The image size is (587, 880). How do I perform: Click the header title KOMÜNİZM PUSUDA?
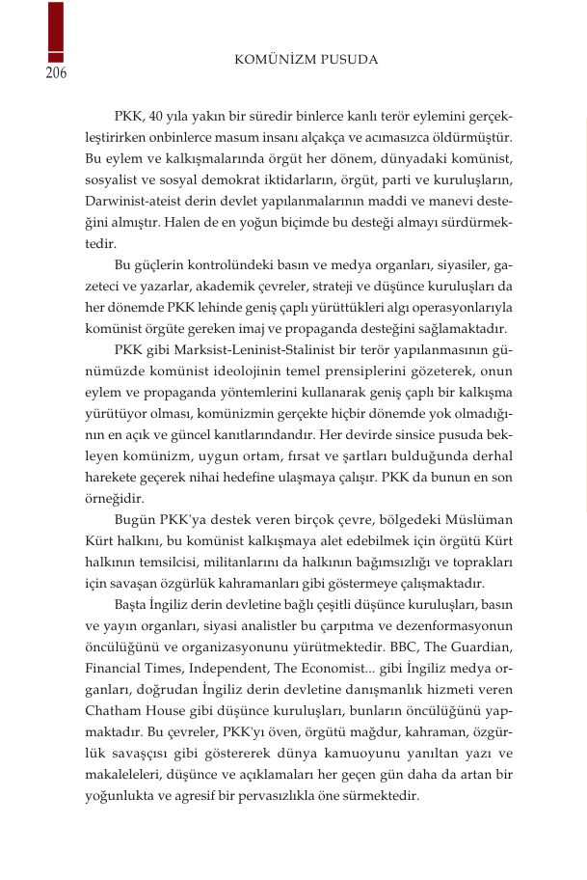(x=307, y=60)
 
